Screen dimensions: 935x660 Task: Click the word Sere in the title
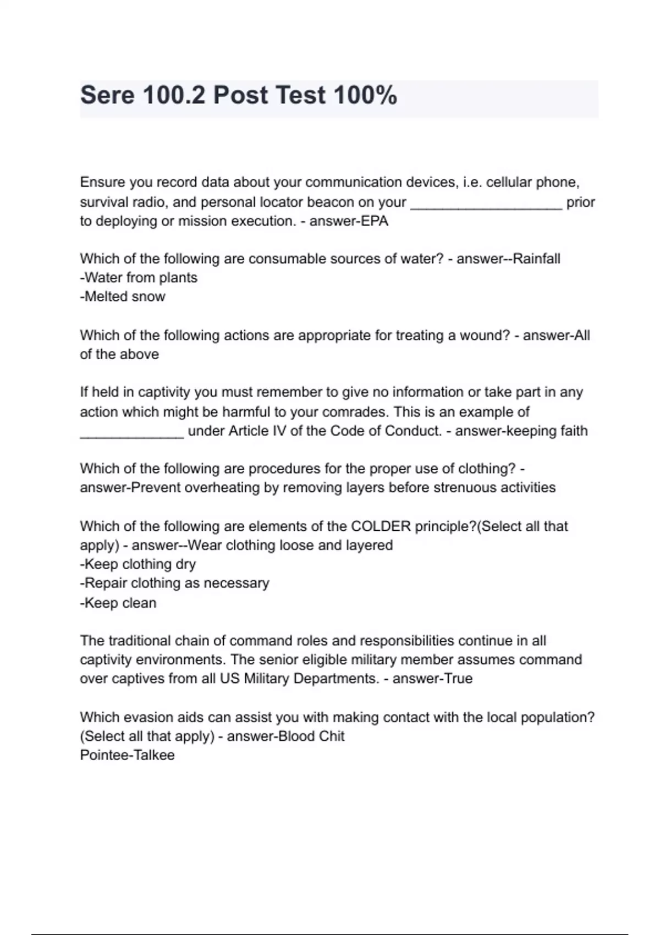pyautogui.click(x=107, y=95)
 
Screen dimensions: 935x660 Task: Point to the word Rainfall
pyautogui.click(x=536, y=258)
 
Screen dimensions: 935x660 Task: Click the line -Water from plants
pyautogui.click(x=139, y=278)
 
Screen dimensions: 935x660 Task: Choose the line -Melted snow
pyautogui.click(x=123, y=297)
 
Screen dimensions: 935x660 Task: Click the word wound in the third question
pyautogui.click(x=486, y=335)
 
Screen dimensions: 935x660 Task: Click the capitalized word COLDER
pyautogui.click(x=381, y=526)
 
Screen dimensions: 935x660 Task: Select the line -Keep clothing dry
pyautogui.click(x=138, y=564)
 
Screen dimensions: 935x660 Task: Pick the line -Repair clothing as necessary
pyautogui.click(x=175, y=583)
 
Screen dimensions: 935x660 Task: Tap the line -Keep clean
pyautogui.click(x=118, y=603)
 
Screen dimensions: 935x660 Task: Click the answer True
pyautogui.click(x=459, y=679)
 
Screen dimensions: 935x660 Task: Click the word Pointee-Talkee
pyautogui.click(x=128, y=755)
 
